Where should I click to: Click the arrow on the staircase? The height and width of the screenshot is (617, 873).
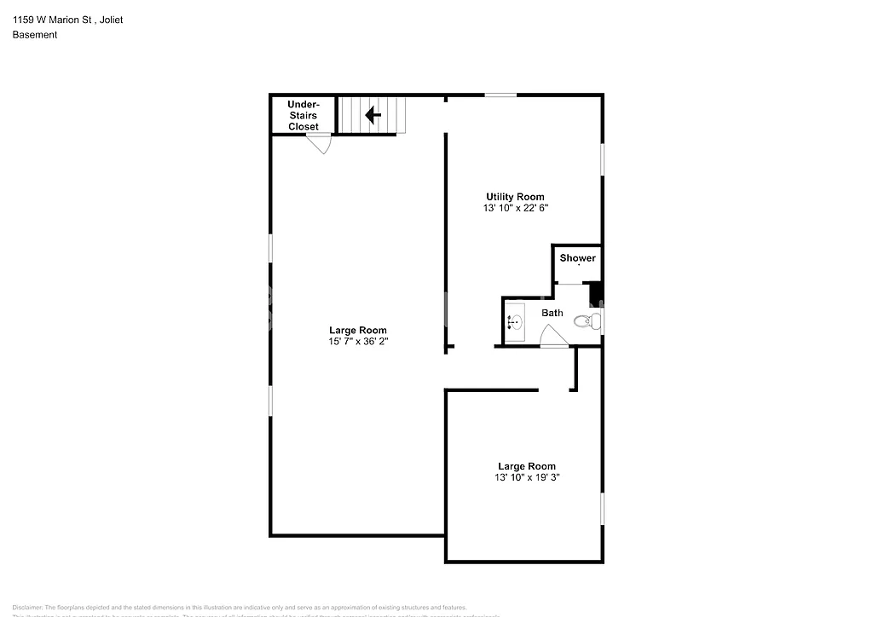click(373, 114)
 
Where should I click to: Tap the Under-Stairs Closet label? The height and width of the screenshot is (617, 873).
click(303, 115)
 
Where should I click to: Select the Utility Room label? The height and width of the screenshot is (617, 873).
click(515, 197)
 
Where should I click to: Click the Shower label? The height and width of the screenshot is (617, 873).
click(577, 258)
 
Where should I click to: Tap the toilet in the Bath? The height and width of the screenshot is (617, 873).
click(586, 321)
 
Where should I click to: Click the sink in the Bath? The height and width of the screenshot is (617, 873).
click(514, 322)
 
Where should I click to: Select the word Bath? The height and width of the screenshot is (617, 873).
click(552, 313)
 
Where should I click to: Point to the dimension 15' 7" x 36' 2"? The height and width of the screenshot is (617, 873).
click(358, 342)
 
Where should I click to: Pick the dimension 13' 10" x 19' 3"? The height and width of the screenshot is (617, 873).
click(527, 477)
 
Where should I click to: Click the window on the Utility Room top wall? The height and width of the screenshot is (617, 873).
click(500, 95)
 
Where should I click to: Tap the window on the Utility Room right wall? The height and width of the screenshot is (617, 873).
click(603, 159)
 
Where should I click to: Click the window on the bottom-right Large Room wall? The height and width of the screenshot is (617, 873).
click(603, 509)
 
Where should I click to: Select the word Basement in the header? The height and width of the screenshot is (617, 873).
click(34, 35)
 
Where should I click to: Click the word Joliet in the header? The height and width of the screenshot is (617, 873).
click(110, 20)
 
